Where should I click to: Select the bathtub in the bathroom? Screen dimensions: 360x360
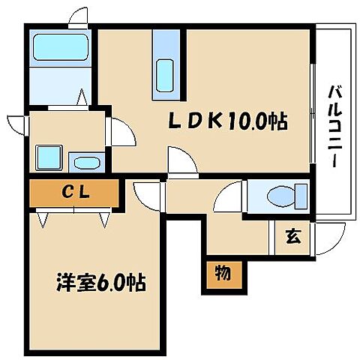click(x=61, y=48)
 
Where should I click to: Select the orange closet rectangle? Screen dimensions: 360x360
click(x=74, y=193)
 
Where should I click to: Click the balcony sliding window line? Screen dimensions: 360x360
click(x=312, y=112)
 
